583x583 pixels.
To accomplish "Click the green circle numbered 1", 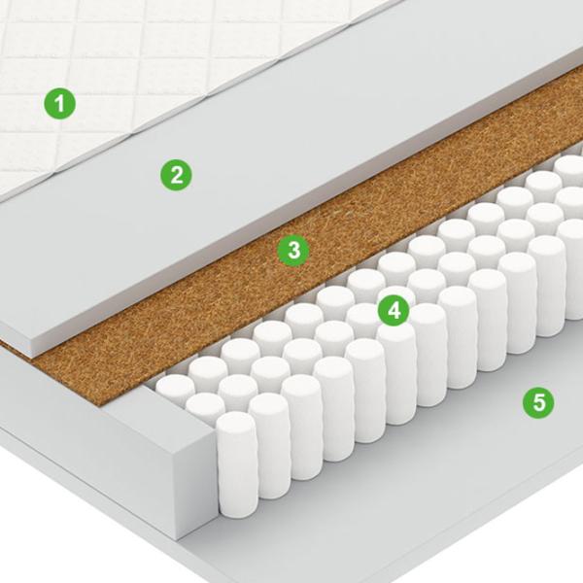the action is pos(60,103).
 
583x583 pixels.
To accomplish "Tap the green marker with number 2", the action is pos(176,175).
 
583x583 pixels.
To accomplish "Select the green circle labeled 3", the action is pos(293,250).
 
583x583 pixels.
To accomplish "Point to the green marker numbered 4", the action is pos(394,310).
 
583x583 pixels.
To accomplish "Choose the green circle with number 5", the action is pos(538,402).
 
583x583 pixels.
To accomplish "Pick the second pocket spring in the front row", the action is pos(269,446).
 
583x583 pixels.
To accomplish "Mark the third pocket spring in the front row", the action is pos(301,428).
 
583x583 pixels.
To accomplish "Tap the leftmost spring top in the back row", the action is pos(176,386).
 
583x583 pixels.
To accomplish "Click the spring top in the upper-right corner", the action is pos(568,166).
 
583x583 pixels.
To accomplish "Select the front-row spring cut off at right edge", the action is pos(574,269).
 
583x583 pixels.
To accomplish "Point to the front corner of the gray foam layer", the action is pos(33,351).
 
